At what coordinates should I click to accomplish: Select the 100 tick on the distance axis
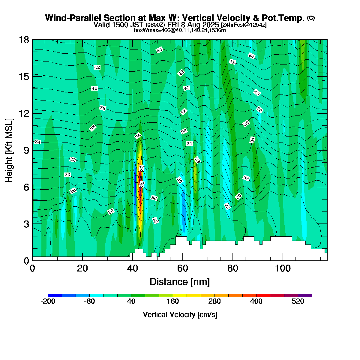coord(283,268)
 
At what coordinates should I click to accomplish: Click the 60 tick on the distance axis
coord(182,268)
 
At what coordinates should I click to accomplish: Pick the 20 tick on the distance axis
coord(82,268)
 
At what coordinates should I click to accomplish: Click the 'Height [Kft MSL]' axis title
coord(9,150)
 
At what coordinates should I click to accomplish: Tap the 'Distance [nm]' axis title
coord(180,282)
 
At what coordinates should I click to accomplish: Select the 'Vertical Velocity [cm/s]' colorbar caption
coord(180,315)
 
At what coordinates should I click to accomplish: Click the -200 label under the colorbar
coord(48,301)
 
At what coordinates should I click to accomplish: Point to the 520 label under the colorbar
coord(298,301)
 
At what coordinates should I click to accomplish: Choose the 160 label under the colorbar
coord(173,301)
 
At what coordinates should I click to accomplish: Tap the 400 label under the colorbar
coord(256,301)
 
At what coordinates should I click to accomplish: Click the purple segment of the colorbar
coord(305,295)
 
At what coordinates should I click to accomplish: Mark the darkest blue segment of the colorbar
coord(55,295)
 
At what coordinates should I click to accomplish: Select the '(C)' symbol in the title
coord(310,18)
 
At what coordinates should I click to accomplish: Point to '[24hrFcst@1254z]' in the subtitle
coord(243,25)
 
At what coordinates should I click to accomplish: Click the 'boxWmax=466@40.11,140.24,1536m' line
coord(180,30)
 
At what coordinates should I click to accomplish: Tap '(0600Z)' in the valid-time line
coord(155,25)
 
